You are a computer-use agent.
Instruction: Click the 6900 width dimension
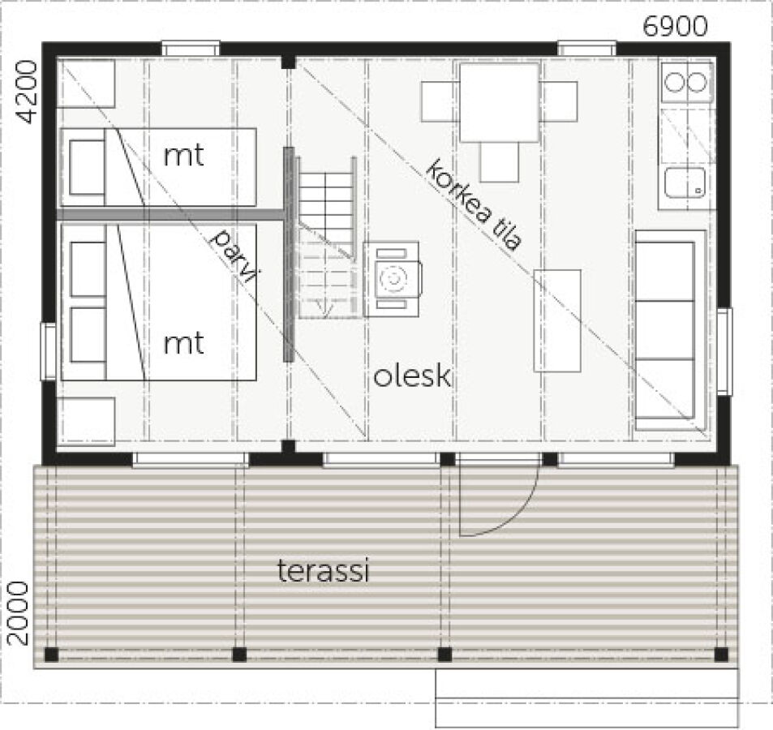[x=675, y=27]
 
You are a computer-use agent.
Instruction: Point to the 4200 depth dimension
[x=27, y=92]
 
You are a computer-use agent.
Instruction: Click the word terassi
[x=324, y=571]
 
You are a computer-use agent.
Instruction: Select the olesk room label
[x=412, y=376]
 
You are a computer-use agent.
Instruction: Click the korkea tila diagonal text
[x=473, y=204]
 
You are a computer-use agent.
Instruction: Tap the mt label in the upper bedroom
[x=183, y=157]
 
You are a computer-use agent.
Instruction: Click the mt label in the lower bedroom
[x=183, y=343]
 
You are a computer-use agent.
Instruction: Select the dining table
[x=499, y=102]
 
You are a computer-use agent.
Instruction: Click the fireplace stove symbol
[x=392, y=279]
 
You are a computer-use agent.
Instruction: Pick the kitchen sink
[x=685, y=182]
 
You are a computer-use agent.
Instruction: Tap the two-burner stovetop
[x=686, y=82]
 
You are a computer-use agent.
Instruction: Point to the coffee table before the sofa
[x=557, y=320]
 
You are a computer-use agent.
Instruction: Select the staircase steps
[x=326, y=238]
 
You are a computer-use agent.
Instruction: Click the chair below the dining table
[x=500, y=161]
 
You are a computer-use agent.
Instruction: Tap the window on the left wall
[x=48, y=351]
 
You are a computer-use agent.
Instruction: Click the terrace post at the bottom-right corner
[x=721, y=655]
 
